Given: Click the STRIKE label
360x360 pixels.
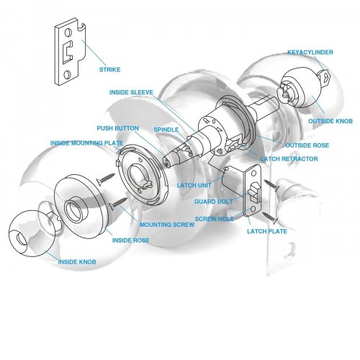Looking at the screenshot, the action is click(x=110, y=70).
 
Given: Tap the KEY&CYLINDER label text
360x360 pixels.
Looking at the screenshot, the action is click(x=310, y=52).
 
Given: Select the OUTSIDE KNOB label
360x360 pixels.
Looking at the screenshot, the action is click(x=330, y=121).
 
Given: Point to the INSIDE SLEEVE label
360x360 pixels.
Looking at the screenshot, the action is click(x=131, y=92).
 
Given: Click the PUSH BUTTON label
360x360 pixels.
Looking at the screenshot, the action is click(x=117, y=128).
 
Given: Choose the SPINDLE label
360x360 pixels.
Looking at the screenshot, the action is click(x=166, y=130).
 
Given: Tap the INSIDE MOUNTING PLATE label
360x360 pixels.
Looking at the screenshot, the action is click(x=86, y=143).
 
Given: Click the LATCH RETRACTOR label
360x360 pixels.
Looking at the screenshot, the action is click(x=289, y=159).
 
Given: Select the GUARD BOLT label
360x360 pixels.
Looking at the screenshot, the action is click(x=214, y=202).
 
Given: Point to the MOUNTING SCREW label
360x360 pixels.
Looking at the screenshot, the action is click(x=167, y=225).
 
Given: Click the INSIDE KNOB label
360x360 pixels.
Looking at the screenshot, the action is click(x=77, y=262).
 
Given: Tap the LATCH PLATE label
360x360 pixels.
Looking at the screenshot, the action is click(x=267, y=231).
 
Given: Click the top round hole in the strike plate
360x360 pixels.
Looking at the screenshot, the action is click(x=68, y=33).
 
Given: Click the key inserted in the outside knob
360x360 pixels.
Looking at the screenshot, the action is click(x=324, y=78).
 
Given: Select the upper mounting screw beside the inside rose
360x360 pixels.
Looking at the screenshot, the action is click(x=106, y=179).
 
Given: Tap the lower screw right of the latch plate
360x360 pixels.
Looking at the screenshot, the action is click(x=270, y=217).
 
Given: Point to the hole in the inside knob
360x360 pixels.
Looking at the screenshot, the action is click(x=21, y=238).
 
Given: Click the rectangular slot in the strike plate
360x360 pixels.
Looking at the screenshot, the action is click(x=68, y=52).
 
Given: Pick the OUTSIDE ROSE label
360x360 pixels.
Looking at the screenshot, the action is click(x=307, y=145).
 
